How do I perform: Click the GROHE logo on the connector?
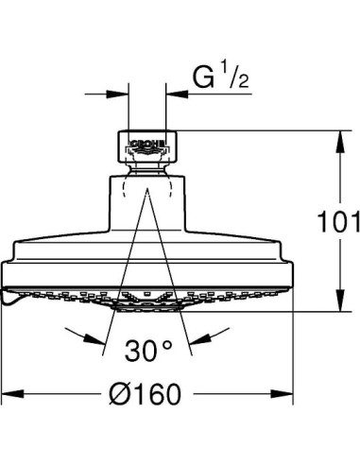point(147,144)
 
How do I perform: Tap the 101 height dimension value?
point(338,222)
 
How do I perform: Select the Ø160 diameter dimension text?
point(146,394)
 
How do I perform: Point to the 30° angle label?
point(148,351)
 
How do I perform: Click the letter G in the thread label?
point(203,77)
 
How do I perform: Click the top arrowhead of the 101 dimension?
point(340,142)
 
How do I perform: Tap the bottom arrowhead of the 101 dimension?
point(340,301)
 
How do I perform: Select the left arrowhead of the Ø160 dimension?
point(12,393)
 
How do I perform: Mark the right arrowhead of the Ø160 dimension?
point(282,393)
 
